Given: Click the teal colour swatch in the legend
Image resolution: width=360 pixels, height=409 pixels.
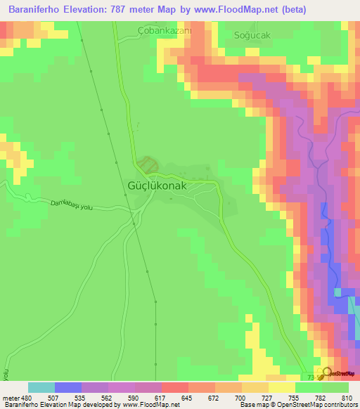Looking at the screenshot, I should coord(41,387).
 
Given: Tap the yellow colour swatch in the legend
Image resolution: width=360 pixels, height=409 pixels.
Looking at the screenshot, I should coord(282,387).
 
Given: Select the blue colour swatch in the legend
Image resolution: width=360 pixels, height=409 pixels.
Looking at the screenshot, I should coord(68,387).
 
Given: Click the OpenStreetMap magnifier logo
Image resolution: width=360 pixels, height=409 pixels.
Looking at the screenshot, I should coord(326,373).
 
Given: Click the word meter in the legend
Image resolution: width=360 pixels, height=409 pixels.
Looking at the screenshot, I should coord(11,397).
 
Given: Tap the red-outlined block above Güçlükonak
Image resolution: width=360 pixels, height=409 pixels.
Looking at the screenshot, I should coord(147,165).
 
